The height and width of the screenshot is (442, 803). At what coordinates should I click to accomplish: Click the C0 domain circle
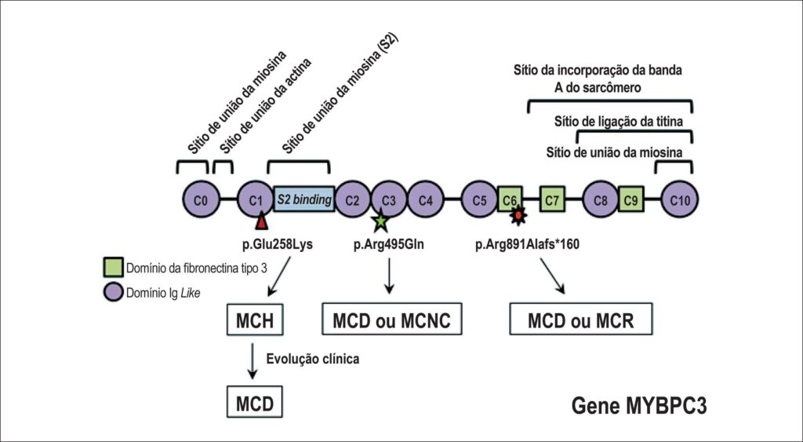click(202, 199)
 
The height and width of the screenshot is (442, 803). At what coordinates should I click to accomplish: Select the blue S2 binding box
click(304, 199)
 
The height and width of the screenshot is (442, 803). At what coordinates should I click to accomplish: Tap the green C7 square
click(552, 199)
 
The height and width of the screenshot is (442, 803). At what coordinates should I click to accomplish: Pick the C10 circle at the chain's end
click(680, 199)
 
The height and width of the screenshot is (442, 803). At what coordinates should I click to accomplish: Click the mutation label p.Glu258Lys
click(277, 245)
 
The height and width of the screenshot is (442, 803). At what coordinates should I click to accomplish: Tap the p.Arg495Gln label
click(389, 245)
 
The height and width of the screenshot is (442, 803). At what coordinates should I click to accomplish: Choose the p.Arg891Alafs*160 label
click(528, 245)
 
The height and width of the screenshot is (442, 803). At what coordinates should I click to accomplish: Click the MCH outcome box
click(255, 320)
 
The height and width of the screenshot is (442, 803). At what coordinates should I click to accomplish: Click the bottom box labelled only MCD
click(255, 402)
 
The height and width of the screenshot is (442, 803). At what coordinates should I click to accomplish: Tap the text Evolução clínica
click(312, 359)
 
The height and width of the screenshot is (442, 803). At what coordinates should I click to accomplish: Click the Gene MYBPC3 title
click(639, 406)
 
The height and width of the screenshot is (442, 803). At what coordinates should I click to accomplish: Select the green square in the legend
click(113, 267)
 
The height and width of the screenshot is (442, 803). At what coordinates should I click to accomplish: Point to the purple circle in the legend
click(113, 292)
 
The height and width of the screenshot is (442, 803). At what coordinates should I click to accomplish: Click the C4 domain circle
click(426, 199)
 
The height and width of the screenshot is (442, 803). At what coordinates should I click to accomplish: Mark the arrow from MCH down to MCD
click(252, 361)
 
